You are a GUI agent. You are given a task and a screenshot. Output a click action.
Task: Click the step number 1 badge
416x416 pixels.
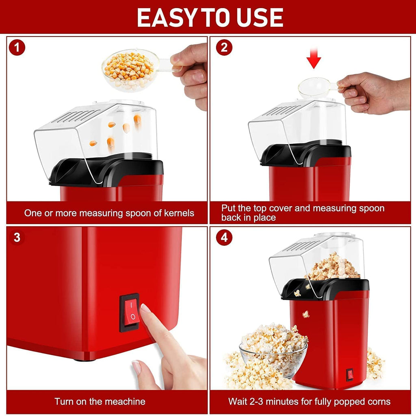[17, 48]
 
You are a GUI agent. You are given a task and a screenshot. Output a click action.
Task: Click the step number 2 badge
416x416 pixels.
[224, 48]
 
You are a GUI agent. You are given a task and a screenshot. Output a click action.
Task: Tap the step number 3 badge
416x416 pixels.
[17, 237]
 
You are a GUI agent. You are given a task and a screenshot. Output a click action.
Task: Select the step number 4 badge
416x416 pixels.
[224, 238]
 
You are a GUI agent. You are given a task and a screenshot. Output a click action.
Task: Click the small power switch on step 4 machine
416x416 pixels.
[349, 374]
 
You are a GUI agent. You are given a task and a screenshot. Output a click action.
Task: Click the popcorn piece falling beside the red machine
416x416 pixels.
[305, 314]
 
